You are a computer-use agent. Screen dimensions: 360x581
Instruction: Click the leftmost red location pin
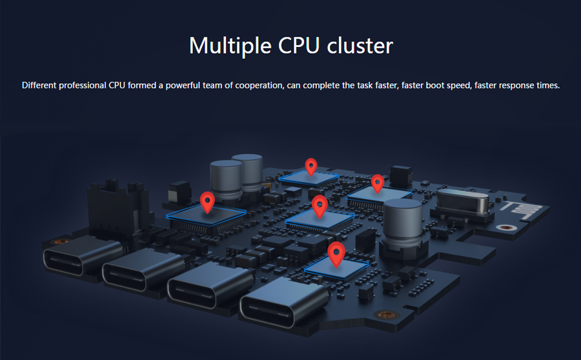pos(207,201)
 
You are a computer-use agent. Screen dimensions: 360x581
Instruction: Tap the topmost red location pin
pos(311,166)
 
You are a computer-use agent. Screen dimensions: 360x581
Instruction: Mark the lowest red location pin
pos(335,253)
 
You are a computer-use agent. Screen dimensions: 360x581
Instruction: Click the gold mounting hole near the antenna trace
pos(503,228)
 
